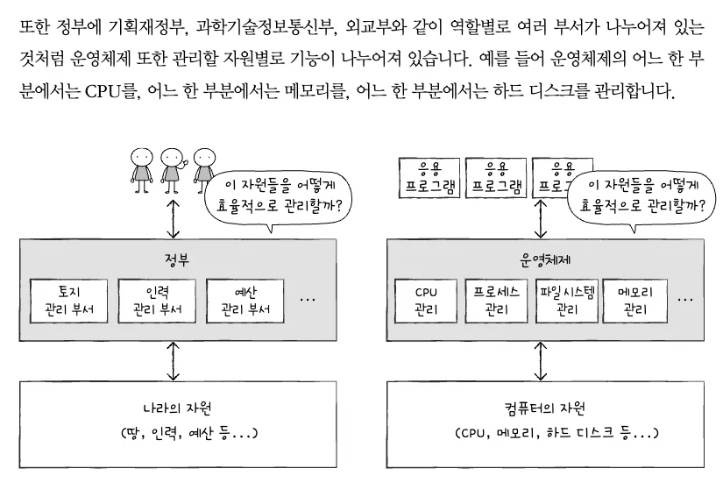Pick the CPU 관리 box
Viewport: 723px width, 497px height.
(x=427, y=300)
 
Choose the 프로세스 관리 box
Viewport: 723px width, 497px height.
(x=494, y=300)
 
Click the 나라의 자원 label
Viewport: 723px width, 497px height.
(x=177, y=408)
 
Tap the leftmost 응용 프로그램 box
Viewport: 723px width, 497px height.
(x=427, y=178)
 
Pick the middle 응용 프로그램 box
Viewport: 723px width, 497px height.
(x=494, y=178)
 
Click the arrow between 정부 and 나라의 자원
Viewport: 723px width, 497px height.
(x=174, y=359)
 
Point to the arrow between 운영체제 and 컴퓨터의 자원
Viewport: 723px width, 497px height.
(x=540, y=359)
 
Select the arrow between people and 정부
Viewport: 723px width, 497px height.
(x=174, y=216)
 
